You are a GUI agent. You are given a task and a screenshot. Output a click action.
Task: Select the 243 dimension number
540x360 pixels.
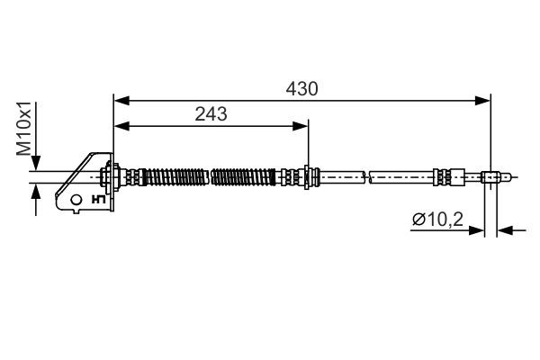211,113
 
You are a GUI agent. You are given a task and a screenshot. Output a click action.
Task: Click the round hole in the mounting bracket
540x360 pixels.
76,199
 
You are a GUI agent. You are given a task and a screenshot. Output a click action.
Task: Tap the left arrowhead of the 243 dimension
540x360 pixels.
120,125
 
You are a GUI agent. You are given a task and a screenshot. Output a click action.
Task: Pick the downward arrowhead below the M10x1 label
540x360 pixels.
35,164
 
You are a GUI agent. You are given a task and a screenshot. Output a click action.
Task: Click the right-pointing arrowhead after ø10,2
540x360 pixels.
479,230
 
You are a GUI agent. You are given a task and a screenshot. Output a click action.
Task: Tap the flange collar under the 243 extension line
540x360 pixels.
308,176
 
